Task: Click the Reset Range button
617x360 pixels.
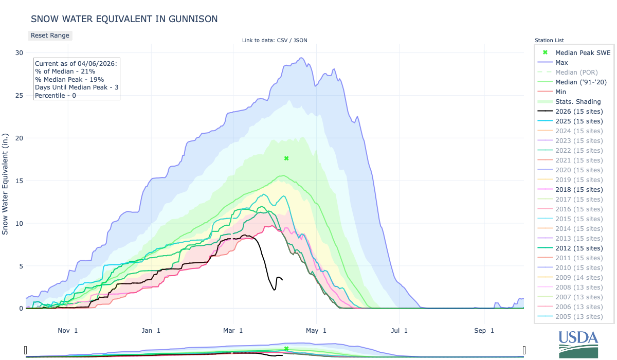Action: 49,35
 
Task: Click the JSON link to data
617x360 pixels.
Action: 300,41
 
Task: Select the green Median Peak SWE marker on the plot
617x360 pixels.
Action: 286,158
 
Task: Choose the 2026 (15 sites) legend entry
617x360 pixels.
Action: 578,111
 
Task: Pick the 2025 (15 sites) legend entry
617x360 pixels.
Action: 578,121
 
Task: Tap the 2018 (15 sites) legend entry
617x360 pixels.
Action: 578,189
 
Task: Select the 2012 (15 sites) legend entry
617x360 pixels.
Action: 578,248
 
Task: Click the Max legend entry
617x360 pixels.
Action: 562,62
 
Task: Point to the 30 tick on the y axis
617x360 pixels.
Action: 19,52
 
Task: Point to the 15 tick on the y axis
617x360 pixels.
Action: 19,181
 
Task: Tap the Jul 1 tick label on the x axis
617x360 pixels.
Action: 399,330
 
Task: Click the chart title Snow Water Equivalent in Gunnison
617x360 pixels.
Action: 124,19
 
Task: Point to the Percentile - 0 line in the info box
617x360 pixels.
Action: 57,96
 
